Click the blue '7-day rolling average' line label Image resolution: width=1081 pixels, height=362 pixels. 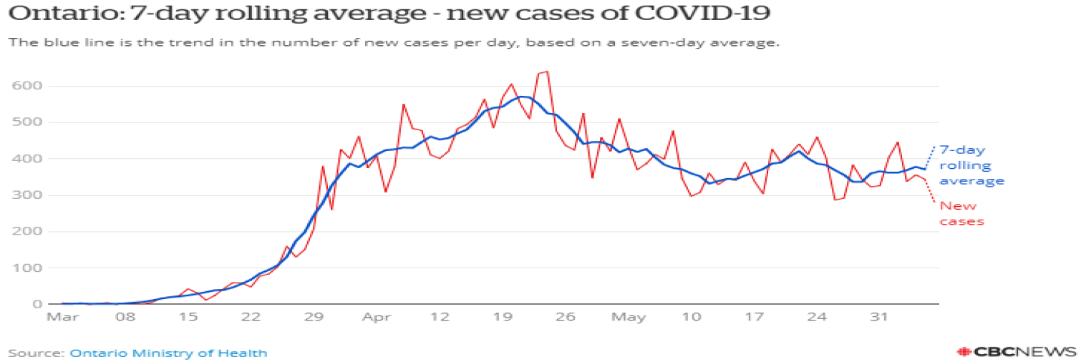[x=971, y=165]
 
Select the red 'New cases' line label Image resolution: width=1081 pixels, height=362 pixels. [x=961, y=213]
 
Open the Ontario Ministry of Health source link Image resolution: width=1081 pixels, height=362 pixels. [x=168, y=353]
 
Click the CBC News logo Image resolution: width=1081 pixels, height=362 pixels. [x=1017, y=351]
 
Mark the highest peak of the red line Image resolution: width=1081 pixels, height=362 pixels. [x=547, y=72]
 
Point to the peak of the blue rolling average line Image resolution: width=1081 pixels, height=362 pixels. [x=524, y=97]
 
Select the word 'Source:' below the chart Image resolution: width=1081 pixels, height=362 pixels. [x=37, y=353]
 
